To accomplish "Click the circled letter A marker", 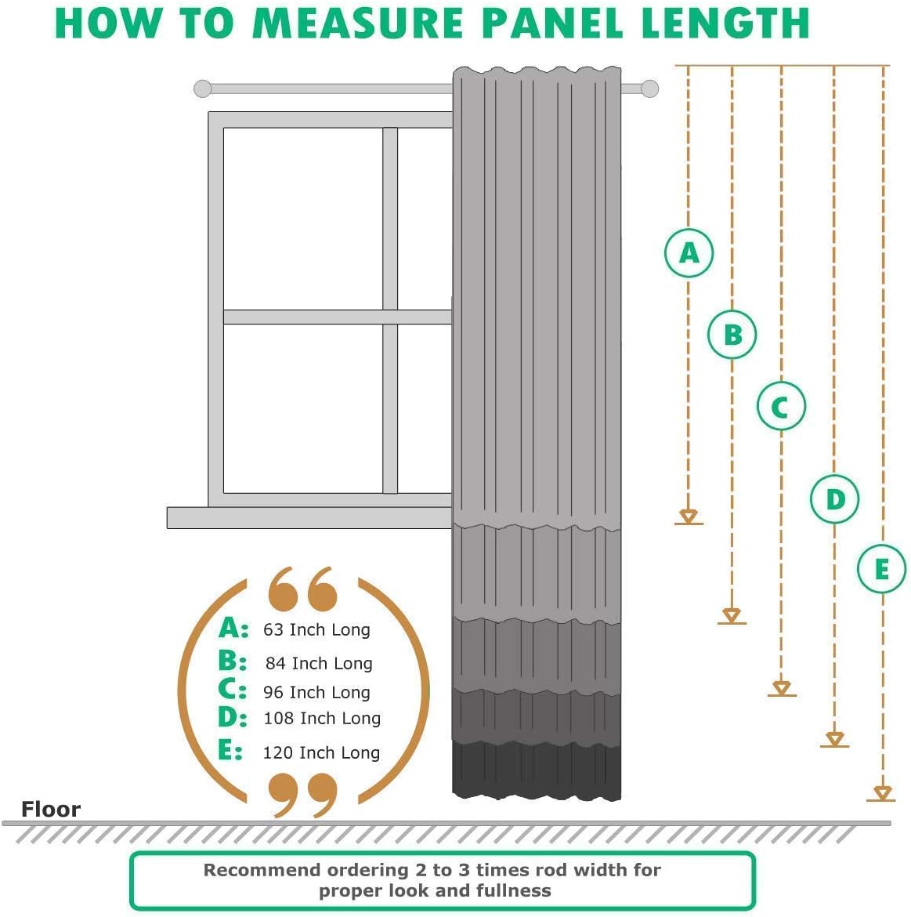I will (x=689, y=253).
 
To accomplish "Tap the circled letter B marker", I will (x=732, y=335).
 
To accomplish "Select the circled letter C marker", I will (x=781, y=407).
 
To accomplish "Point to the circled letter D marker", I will (x=834, y=499).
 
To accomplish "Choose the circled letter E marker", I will (x=881, y=569).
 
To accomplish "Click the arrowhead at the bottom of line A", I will (x=689, y=516).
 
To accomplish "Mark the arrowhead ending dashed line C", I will (x=781, y=689).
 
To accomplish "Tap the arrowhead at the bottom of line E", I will (x=882, y=794).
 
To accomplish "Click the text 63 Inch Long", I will (x=316, y=630).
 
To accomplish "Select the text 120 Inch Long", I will (x=321, y=753).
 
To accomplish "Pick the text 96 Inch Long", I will (x=316, y=693).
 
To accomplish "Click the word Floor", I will (x=51, y=810).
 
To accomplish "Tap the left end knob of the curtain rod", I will (x=203, y=89).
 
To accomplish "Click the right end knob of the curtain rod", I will (x=649, y=89).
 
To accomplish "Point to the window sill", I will (x=309, y=517).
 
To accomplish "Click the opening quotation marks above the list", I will (x=302, y=591).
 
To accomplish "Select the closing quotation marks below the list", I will (x=302, y=794).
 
